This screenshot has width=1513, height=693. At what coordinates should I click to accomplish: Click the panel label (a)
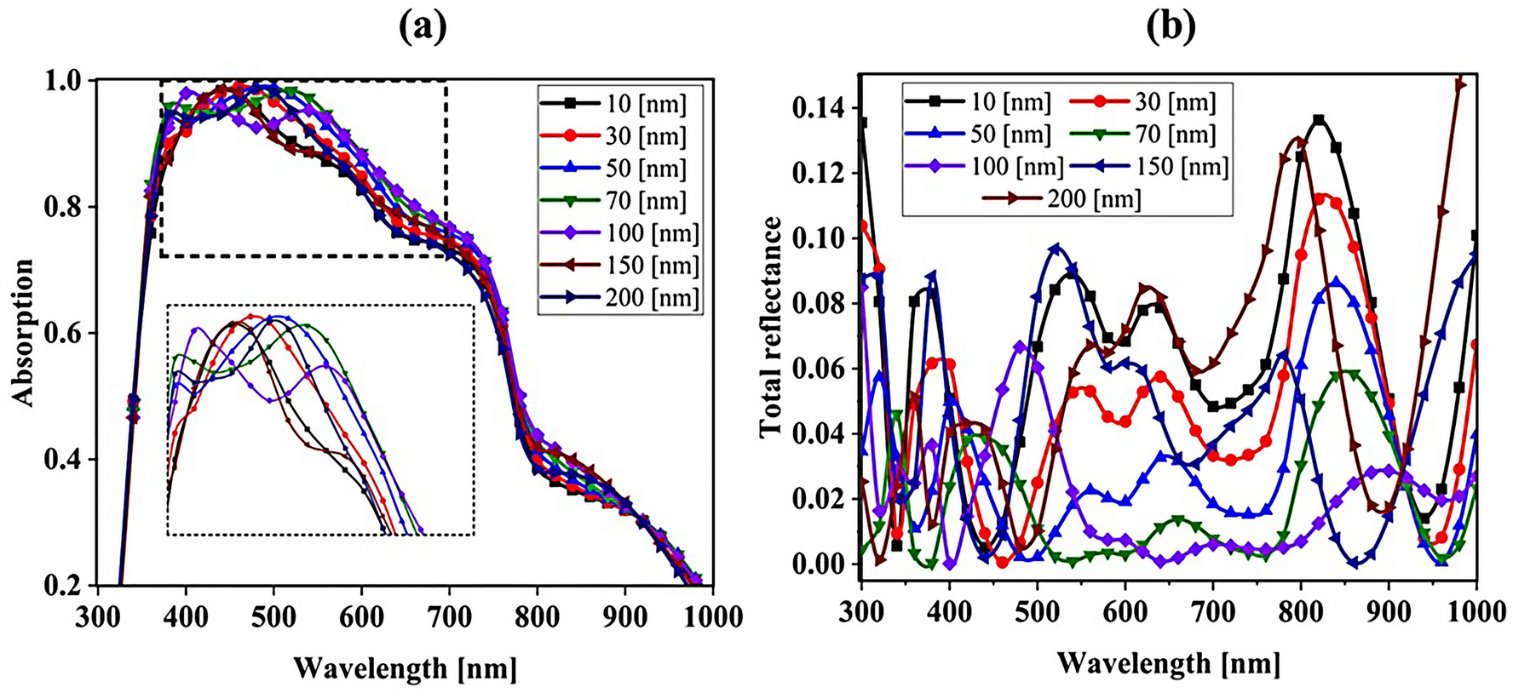coord(423,27)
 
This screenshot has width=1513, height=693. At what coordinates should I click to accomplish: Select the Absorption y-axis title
coord(23,332)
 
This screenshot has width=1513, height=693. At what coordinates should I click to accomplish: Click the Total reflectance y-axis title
coord(771,327)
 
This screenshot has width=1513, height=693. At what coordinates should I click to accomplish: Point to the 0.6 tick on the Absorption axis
coord(70,334)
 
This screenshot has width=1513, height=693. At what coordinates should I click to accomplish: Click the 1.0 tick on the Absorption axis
coord(70,81)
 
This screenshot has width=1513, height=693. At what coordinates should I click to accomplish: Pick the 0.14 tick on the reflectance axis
coord(817,109)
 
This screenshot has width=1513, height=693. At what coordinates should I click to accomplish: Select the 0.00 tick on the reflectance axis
coord(817,564)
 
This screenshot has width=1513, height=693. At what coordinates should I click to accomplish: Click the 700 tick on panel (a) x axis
coord(449,616)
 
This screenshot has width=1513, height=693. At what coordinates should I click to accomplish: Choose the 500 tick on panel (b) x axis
coord(1037,611)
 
